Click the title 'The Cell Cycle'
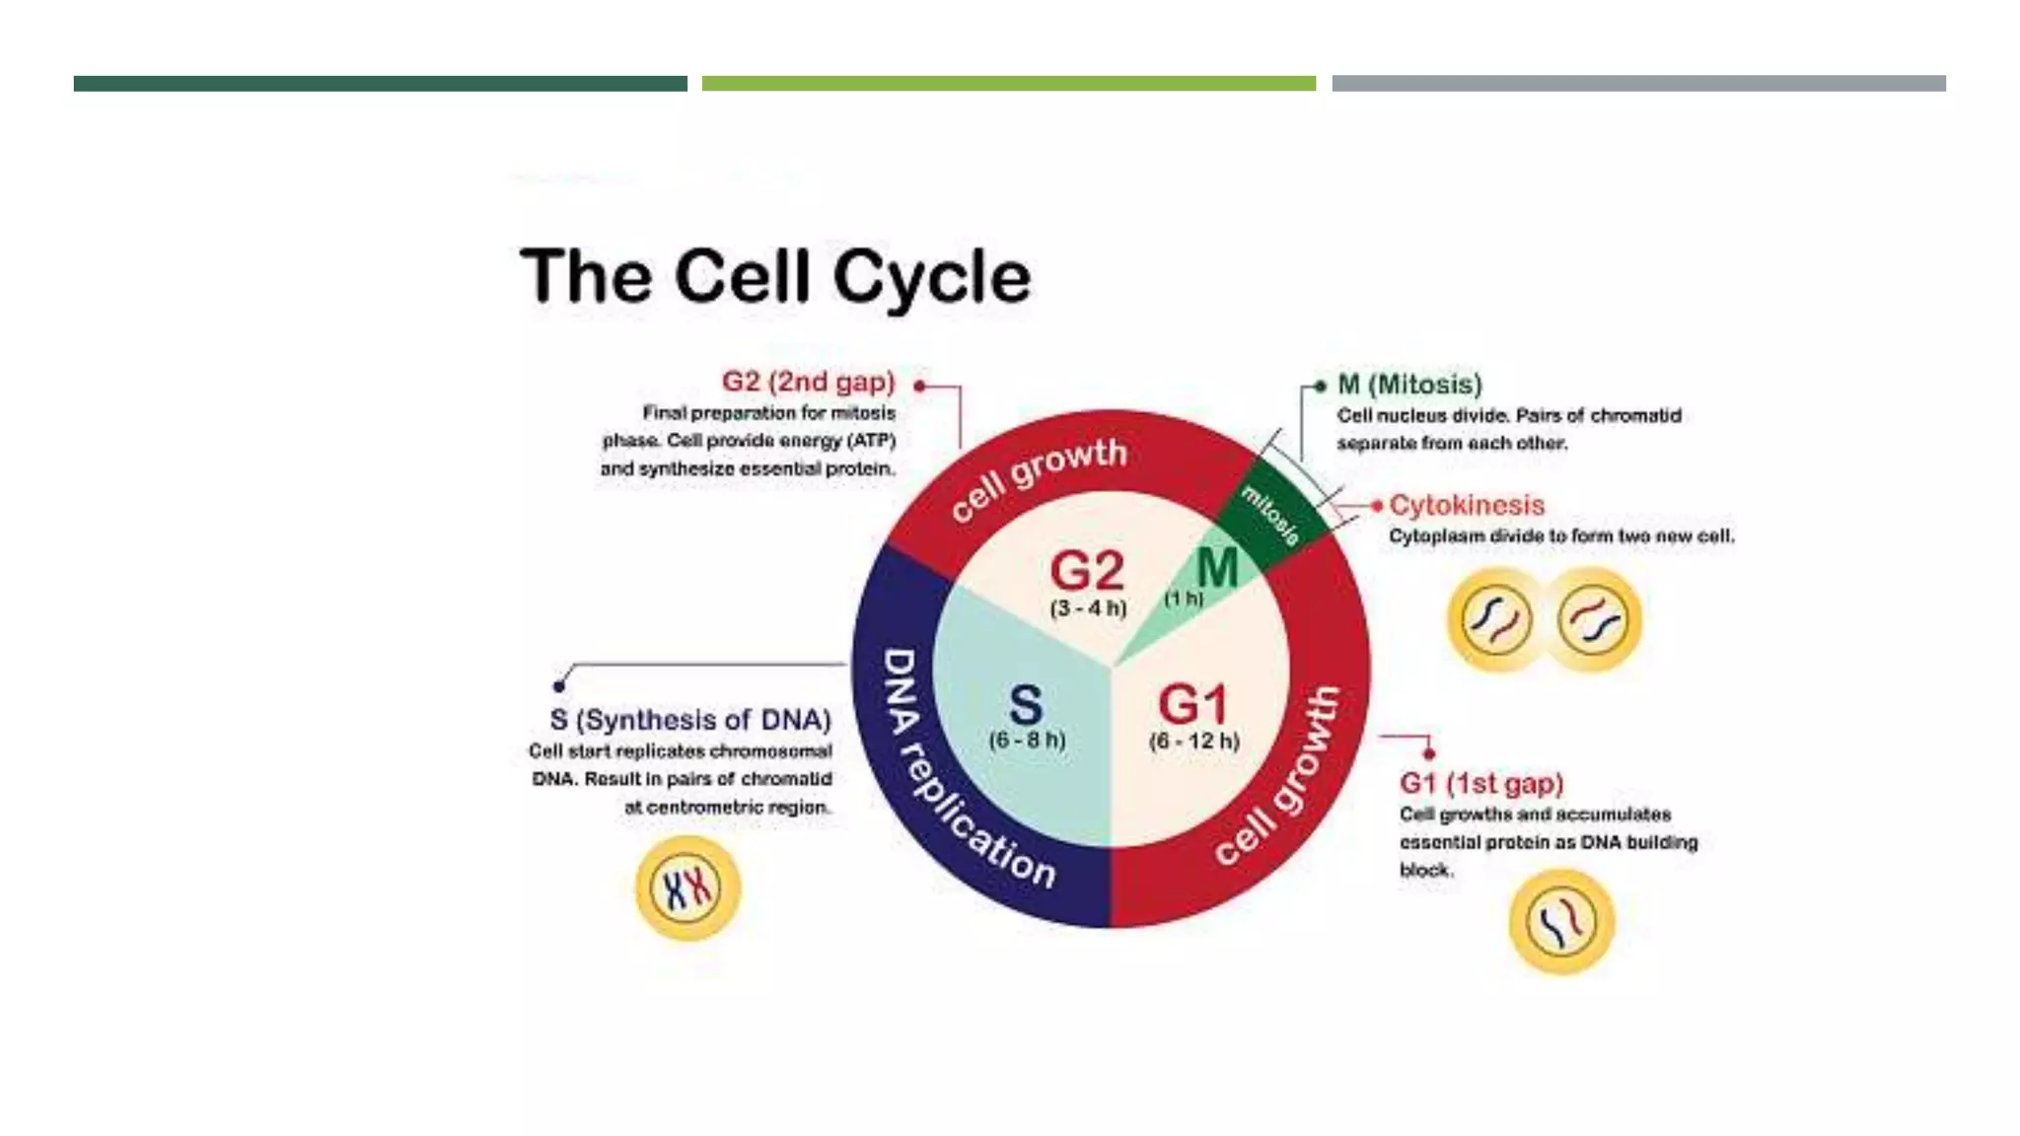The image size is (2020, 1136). (775, 276)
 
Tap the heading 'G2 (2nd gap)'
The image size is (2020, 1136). (808, 382)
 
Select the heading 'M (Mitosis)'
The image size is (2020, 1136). (1409, 385)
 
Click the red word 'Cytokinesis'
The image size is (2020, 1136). (1467, 505)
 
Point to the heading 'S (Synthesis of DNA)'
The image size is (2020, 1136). (690, 720)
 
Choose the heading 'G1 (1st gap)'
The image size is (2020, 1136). (1481, 783)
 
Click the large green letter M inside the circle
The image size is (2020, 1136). (1217, 568)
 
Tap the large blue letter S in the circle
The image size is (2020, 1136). (1026, 705)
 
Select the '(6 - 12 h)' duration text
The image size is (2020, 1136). (1193, 741)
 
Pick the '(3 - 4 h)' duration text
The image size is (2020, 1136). (1088, 607)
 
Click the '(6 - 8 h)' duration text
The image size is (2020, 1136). (1027, 740)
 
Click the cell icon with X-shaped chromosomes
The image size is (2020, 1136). (687, 887)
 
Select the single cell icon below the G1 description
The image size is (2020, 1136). (1561, 922)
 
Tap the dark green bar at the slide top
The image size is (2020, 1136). (380, 84)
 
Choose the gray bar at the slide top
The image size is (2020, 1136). (1638, 84)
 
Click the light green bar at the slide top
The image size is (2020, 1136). (1008, 84)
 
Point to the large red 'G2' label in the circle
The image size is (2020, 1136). (1087, 570)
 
